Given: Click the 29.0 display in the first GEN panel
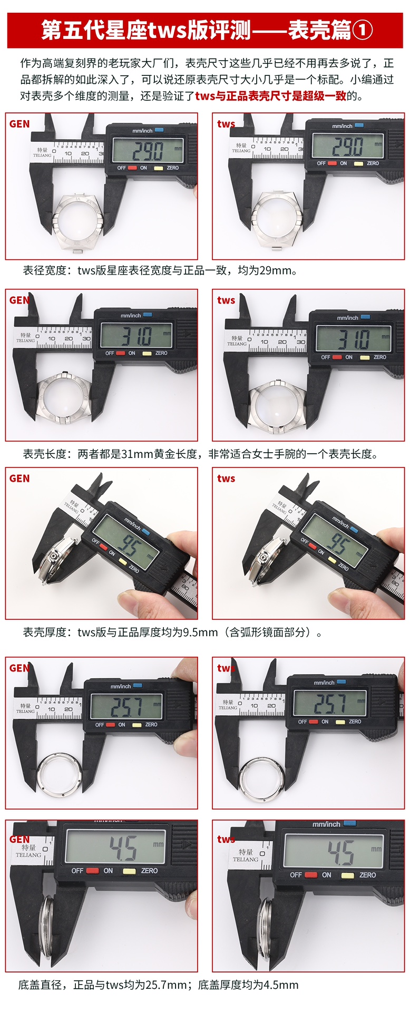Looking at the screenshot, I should [148, 151].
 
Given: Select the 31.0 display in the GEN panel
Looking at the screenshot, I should [136, 335].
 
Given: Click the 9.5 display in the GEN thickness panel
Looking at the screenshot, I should [126, 543].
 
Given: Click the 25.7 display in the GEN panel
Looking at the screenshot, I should [126, 706].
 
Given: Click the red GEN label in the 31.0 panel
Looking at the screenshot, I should [19, 300].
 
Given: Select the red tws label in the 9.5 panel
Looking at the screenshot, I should [226, 479].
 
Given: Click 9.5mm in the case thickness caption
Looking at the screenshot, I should [200, 632].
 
